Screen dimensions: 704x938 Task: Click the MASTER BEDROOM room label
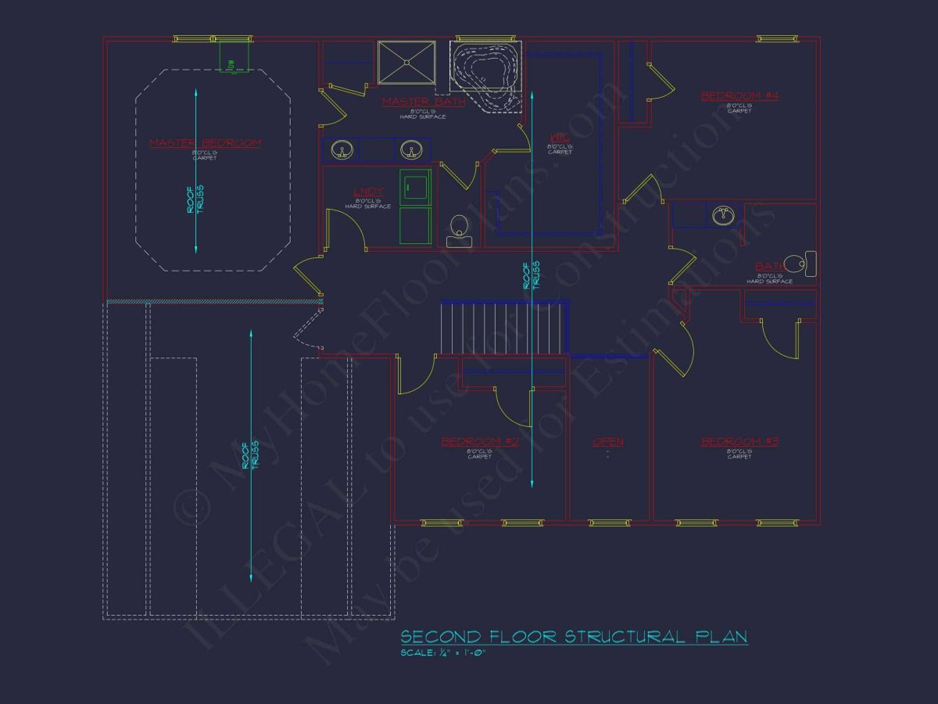point(205,143)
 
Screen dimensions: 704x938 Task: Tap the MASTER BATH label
point(423,102)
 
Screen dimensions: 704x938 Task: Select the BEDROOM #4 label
point(739,96)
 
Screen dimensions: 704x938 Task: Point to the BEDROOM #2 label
point(479,442)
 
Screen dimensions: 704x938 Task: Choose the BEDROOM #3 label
point(739,442)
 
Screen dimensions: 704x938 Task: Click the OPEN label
point(607,442)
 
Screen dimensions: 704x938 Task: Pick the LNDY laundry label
point(368,192)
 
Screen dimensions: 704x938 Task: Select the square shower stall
point(406,62)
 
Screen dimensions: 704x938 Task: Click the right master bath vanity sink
point(411,149)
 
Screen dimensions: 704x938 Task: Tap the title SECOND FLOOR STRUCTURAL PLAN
point(574,637)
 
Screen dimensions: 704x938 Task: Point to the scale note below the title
point(442,652)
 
